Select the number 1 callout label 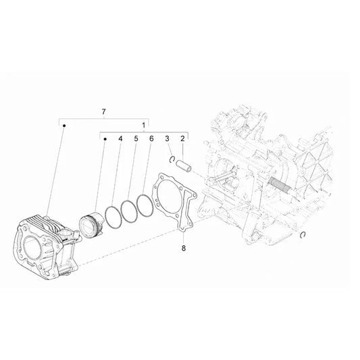pos(143,126)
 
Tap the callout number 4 pos(120,140)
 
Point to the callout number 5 pos(136,140)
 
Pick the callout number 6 pos(151,140)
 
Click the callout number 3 pos(167,140)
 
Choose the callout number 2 pos(182,140)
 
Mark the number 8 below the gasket pos(182,248)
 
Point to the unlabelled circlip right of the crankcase pos(304,234)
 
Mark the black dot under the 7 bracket pos(64,126)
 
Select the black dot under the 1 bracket pos(105,139)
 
